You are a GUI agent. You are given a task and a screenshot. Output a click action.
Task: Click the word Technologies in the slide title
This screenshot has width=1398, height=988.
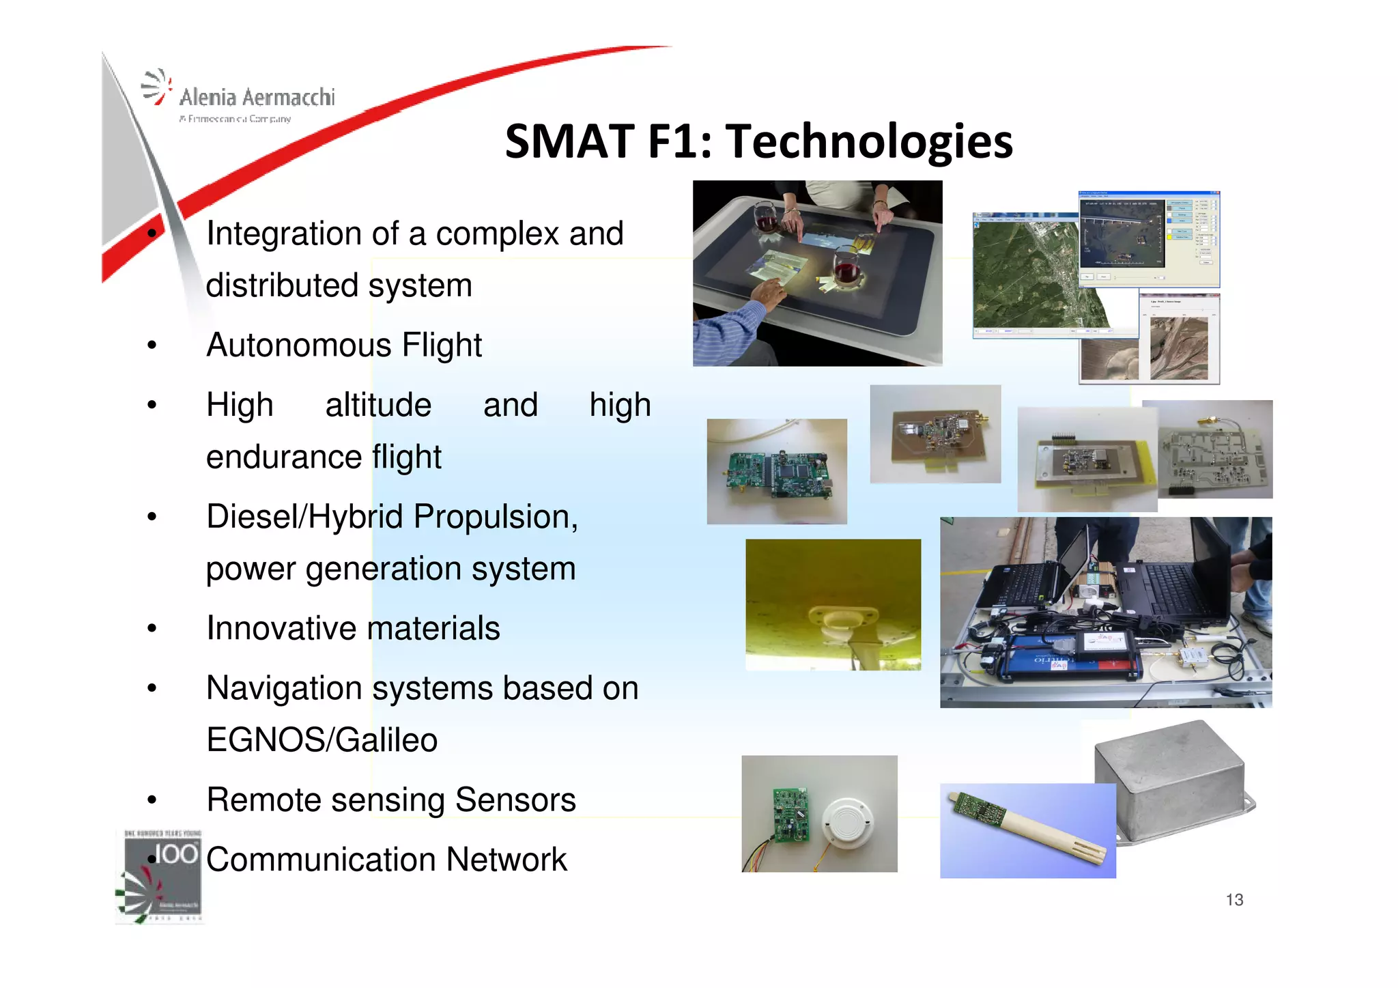pyautogui.click(x=868, y=142)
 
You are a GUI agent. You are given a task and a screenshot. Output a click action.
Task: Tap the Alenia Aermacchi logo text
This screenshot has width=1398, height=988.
pyautogui.click(x=257, y=98)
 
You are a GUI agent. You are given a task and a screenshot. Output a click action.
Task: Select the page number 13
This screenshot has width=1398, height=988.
pyautogui.click(x=1234, y=900)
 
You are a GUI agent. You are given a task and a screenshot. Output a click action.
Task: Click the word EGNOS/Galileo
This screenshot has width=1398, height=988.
pyautogui.click(x=322, y=740)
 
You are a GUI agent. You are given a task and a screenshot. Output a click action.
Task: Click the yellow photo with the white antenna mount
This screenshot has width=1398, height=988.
pyautogui.click(x=833, y=605)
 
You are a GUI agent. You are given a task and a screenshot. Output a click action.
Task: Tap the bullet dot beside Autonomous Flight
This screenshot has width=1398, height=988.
pyautogui.click(x=152, y=345)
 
